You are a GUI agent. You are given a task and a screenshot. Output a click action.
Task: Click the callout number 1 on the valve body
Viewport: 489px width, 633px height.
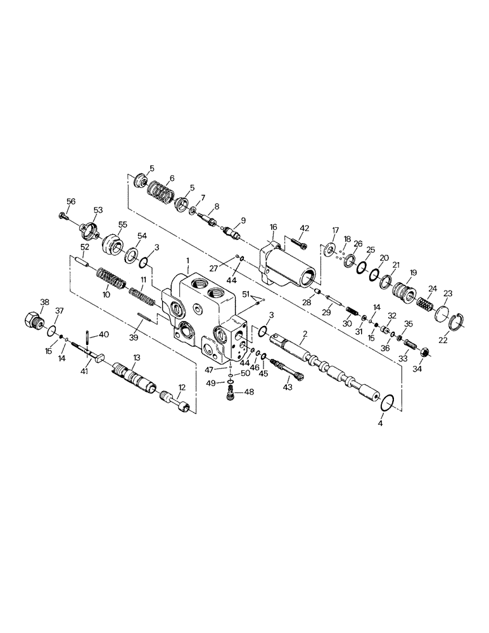[x=188, y=260]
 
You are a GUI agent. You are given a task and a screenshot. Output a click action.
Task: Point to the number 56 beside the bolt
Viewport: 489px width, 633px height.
[x=70, y=201]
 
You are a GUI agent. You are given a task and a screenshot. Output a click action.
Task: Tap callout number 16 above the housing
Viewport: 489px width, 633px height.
[x=273, y=227]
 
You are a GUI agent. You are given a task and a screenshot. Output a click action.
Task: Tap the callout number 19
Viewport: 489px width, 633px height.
[x=413, y=272]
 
